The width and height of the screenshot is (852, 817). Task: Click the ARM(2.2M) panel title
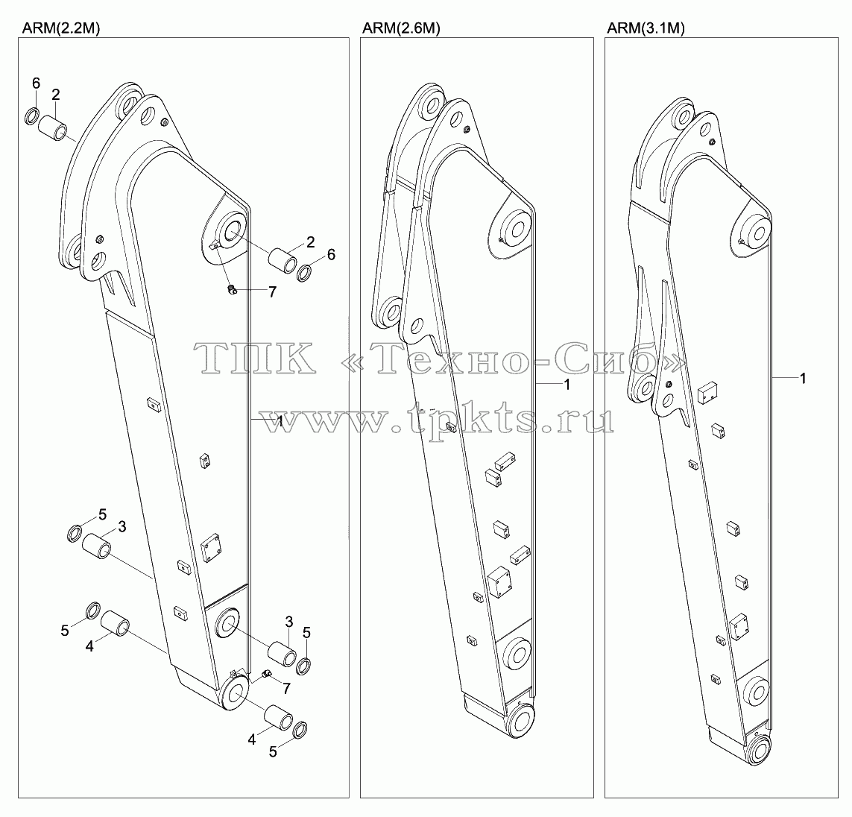[61, 29]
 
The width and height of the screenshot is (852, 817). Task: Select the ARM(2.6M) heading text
[401, 29]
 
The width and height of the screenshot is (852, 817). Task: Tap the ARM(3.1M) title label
[646, 29]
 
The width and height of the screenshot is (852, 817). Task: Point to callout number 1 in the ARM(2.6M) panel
[567, 385]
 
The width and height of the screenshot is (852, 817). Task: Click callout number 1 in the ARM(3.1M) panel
[803, 378]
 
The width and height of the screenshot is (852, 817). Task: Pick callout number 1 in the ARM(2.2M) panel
[279, 421]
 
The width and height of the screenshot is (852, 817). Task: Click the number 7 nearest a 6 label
[272, 292]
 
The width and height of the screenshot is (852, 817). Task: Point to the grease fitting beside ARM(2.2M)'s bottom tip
[266, 674]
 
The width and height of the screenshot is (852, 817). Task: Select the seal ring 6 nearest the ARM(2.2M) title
[33, 116]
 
